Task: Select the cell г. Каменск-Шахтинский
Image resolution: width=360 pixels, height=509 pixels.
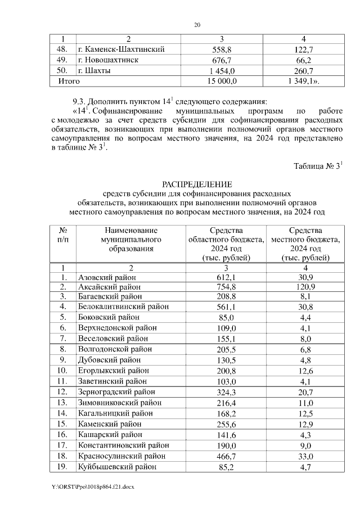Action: pos(121,49)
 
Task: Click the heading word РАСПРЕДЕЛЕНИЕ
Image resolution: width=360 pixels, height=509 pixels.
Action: pos(196,184)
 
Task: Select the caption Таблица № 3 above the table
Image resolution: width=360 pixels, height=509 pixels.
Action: pos(318,166)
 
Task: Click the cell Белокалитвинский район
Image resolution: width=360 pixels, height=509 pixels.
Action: pos(123,307)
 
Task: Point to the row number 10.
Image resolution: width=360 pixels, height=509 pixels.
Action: pos(64,370)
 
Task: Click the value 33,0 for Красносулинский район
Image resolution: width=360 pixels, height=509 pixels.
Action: pos(305,456)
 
